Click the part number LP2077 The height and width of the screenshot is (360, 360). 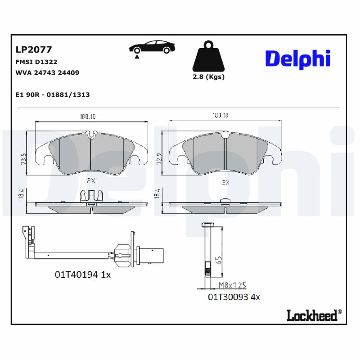click(34, 49)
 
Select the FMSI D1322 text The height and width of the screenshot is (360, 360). click(36, 62)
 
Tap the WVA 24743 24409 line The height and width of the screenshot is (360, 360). click(47, 72)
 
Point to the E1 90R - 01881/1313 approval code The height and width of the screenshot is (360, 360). click(52, 94)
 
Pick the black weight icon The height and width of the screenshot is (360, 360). click(208, 57)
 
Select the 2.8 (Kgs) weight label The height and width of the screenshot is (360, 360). click(208, 76)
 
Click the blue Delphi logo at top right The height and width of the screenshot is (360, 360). click(297, 59)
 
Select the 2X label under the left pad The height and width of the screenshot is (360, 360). click(91, 180)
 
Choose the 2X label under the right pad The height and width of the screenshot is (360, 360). click(225, 182)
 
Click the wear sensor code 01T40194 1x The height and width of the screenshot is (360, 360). click(82, 274)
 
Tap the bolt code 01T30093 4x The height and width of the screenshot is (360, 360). click(234, 297)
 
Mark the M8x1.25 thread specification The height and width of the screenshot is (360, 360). click(232, 285)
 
